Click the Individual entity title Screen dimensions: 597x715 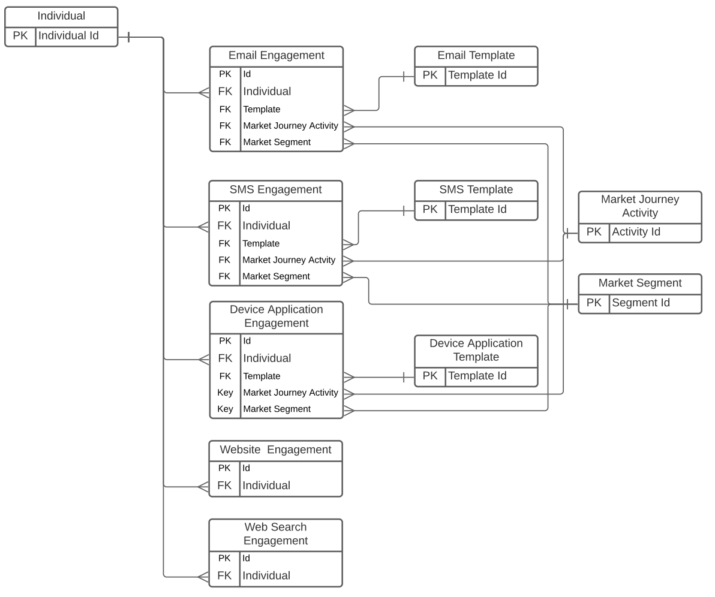(61, 16)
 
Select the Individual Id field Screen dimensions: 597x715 (68, 35)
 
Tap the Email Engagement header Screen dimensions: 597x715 (277, 56)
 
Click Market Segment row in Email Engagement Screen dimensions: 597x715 (277, 142)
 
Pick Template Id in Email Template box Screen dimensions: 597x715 (477, 75)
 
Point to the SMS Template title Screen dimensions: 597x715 (476, 189)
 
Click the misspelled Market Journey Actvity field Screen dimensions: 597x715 (289, 260)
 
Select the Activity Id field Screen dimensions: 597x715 (636, 232)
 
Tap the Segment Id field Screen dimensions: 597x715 (641, 303)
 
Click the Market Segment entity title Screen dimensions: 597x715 (639, 283)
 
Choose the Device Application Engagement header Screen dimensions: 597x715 (277, 316)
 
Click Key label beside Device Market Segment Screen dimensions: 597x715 (225, 409)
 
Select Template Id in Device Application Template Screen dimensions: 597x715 (477, 376)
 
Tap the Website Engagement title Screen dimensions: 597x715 (275, 450)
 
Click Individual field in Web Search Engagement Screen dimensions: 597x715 (266, 575)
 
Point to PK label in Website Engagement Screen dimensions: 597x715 (224, 468)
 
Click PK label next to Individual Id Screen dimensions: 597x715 (20, 35)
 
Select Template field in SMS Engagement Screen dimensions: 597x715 (261, 243)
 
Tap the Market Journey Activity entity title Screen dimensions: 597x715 (639, 206)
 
